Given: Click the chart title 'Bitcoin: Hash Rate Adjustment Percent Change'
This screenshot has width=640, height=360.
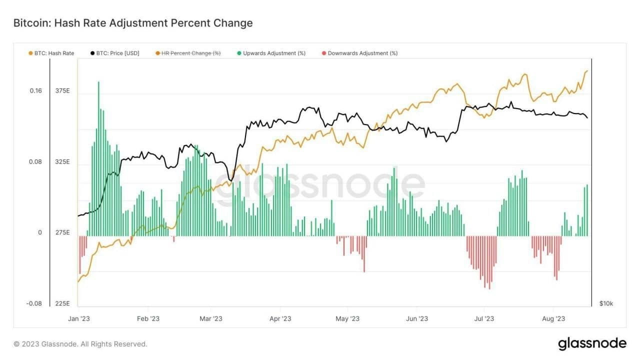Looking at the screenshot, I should pos(132,23).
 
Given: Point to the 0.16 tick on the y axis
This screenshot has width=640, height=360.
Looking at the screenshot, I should pos(35,90).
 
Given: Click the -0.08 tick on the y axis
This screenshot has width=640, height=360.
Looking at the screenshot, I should pos(34,303).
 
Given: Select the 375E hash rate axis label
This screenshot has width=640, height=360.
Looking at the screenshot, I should pos(63,90).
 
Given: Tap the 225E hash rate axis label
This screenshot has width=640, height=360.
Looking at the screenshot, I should pos(63,303).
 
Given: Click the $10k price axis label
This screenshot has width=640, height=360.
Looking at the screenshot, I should pos(606,303).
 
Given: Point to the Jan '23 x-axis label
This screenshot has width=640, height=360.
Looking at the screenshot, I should pos(79,318).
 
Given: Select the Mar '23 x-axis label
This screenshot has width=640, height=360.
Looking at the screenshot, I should pos(211,318).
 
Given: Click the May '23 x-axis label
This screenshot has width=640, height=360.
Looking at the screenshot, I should pos(347,318).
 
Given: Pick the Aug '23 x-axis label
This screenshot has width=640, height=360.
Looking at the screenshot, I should pos(553,318).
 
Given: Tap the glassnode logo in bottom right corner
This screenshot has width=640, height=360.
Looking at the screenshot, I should pos(592,343).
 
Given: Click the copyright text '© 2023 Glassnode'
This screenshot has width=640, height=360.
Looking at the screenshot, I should pos(80,344).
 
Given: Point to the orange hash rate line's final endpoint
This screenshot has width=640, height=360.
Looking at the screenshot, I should pos(587,71).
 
